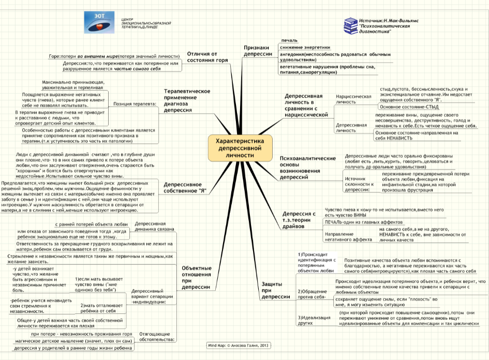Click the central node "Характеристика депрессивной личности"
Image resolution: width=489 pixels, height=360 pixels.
coord(240,148)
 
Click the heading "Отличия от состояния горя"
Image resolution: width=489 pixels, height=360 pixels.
coord(208,56)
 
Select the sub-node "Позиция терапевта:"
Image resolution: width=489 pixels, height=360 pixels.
coord(135,103)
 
